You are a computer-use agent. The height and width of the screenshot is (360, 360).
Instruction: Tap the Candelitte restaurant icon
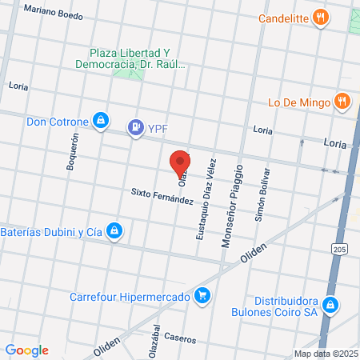(322, 18)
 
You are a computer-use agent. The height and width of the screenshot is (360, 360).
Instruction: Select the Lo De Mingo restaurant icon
(342, 102)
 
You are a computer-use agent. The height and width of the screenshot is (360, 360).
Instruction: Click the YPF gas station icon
(136, 126)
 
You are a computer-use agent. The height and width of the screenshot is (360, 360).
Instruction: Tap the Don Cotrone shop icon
(100, 122)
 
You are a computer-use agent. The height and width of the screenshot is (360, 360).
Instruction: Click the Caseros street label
(180, 338)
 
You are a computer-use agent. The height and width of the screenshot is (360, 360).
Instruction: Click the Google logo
(27, 350)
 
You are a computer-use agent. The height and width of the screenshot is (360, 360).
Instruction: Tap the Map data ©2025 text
(326, 354)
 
